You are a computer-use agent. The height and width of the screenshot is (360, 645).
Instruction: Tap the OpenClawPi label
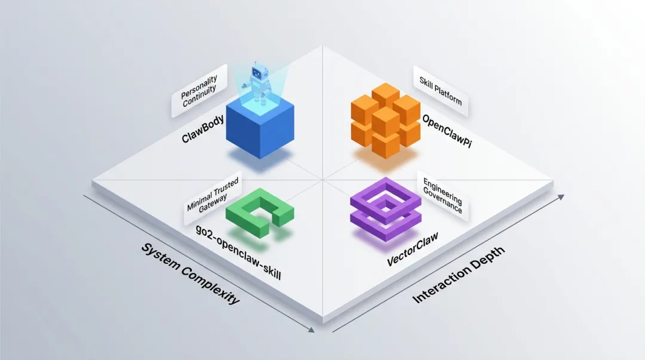pyautogui.click(x=447, y=131)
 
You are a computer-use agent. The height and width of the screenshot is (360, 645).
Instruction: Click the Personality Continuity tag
pyautogui.click(x=199, y=90)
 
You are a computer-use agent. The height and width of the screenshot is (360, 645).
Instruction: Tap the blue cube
pyautogui.click(x=260, y=128)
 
